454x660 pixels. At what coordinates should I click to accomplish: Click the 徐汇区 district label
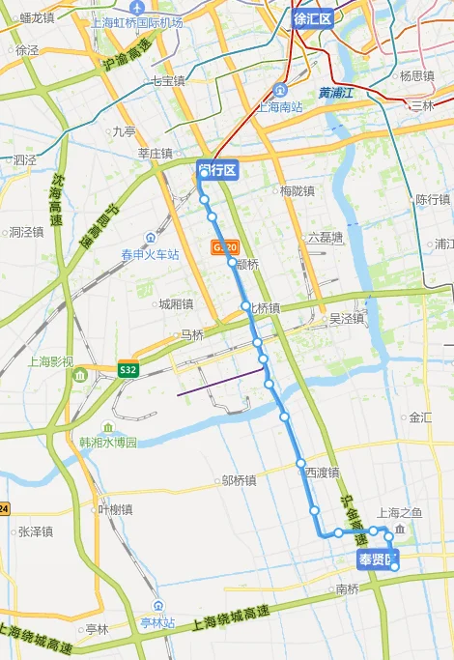(x=312, y=18)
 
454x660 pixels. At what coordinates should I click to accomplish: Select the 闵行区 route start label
(x=216, y=170)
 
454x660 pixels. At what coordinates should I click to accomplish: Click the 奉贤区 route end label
(x=377, y=560)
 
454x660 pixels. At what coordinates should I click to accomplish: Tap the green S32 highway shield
(x=128, y=369)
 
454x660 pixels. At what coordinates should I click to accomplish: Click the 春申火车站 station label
(x=150, y=255)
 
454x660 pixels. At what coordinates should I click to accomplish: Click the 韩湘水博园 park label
(x=108, y=442)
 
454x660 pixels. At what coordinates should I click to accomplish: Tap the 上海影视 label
(x=50, y=361)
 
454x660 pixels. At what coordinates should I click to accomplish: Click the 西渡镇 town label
(x=323, y=473)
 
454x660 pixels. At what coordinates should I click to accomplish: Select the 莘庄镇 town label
(x=155, y=153)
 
